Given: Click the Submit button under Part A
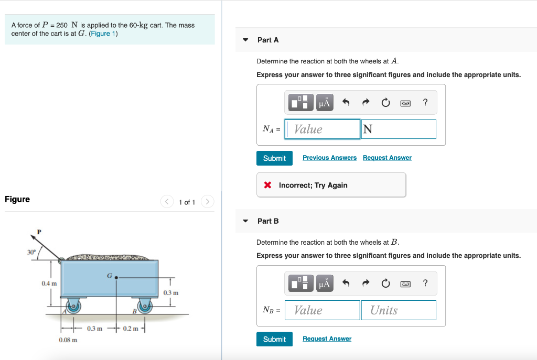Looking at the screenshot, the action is pos(274,158).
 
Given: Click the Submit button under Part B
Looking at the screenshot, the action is pos(274,339).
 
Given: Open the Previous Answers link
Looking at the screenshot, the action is pos(329,158).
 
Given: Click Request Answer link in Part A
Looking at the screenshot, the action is pos(387,158).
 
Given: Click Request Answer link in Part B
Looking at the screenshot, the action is pos(327,339).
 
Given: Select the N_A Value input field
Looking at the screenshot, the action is pos(323,129).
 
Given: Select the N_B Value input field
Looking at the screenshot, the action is pos(323,310).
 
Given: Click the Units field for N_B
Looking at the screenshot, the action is pos(399,310).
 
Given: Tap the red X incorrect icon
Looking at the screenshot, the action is pos(268,185).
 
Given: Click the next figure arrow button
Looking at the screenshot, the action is pos(208,202).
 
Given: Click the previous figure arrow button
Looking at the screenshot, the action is pos(167,202).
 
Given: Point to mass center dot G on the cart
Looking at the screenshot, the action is pos(116,278).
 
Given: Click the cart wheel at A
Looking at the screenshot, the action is pos(73,306).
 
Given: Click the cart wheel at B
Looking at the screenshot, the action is pos(145,306).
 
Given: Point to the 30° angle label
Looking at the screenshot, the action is pos(31,253).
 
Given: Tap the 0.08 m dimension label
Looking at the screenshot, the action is pos(68,340).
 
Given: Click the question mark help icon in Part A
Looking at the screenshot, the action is pos(425,102).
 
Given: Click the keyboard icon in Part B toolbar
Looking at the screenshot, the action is pos(405,284).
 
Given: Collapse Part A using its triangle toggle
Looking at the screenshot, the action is pos(245,40).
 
